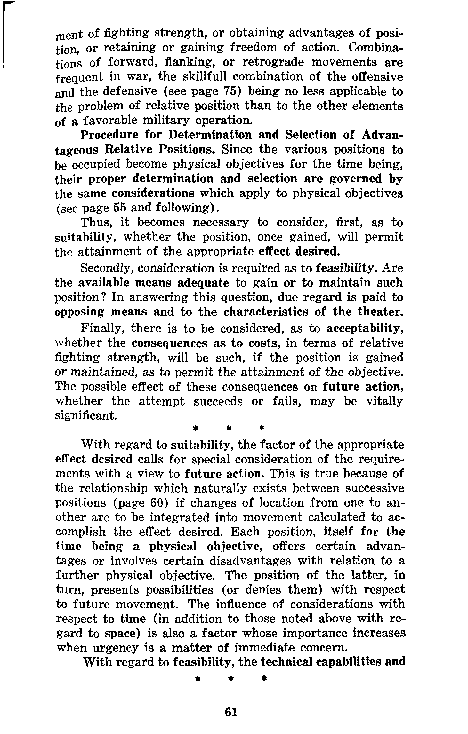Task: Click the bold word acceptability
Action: pyautogui.click(x=364, y=328)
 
